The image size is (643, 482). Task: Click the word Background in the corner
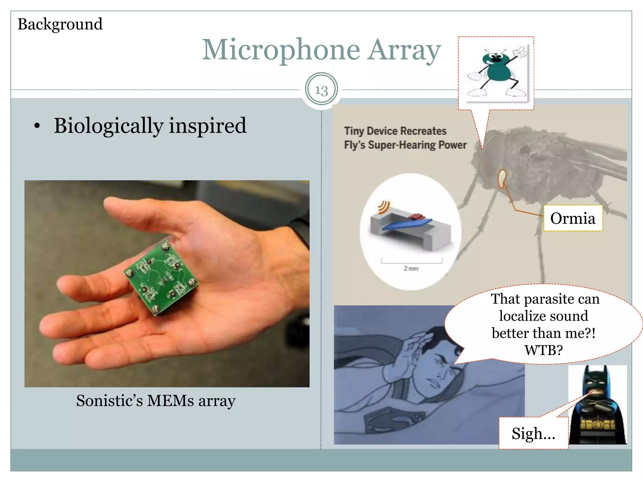[60, 24]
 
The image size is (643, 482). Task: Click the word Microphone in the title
[281, 50]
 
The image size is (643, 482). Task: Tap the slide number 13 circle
[321, 89]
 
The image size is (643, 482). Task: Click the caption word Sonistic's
[109, 401]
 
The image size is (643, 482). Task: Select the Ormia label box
[573, 218]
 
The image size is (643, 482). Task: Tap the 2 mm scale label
[411, 269]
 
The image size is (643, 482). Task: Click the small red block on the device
[417, 216]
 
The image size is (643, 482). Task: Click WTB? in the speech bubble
[543, 350]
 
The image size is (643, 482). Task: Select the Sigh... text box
[533, 433]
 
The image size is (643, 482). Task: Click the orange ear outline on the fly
[502, 179]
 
